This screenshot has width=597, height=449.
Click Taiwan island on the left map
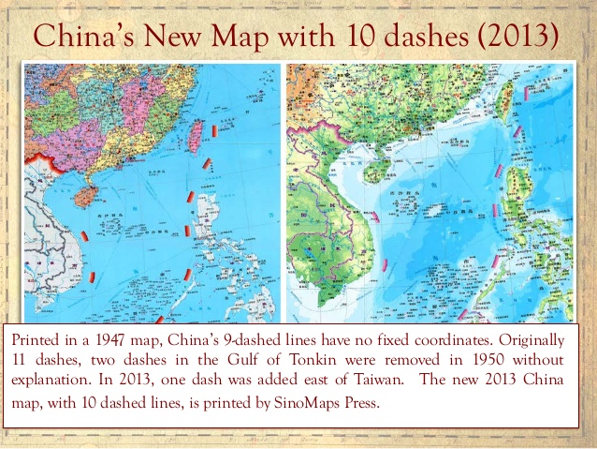coord(197,137)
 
